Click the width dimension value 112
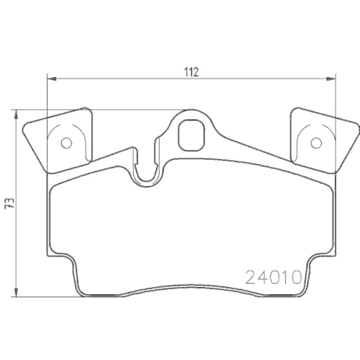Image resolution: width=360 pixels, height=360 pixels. [190, 71]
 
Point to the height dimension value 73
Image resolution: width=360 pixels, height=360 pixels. [9, 204]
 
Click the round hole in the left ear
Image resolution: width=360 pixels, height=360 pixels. [66, 142]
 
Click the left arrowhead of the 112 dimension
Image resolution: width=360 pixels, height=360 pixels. [50, 78]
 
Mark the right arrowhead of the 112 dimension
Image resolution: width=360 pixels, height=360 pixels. [332, 78]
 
